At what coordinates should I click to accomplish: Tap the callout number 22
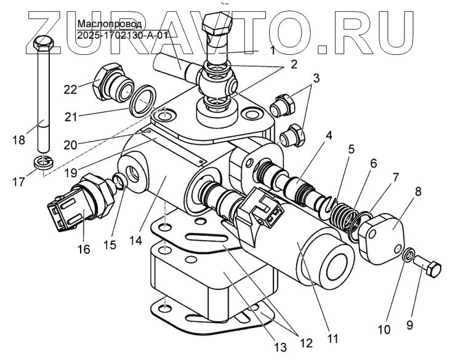71,89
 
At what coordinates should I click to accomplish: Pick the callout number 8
419,191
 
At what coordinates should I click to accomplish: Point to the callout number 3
316,78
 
